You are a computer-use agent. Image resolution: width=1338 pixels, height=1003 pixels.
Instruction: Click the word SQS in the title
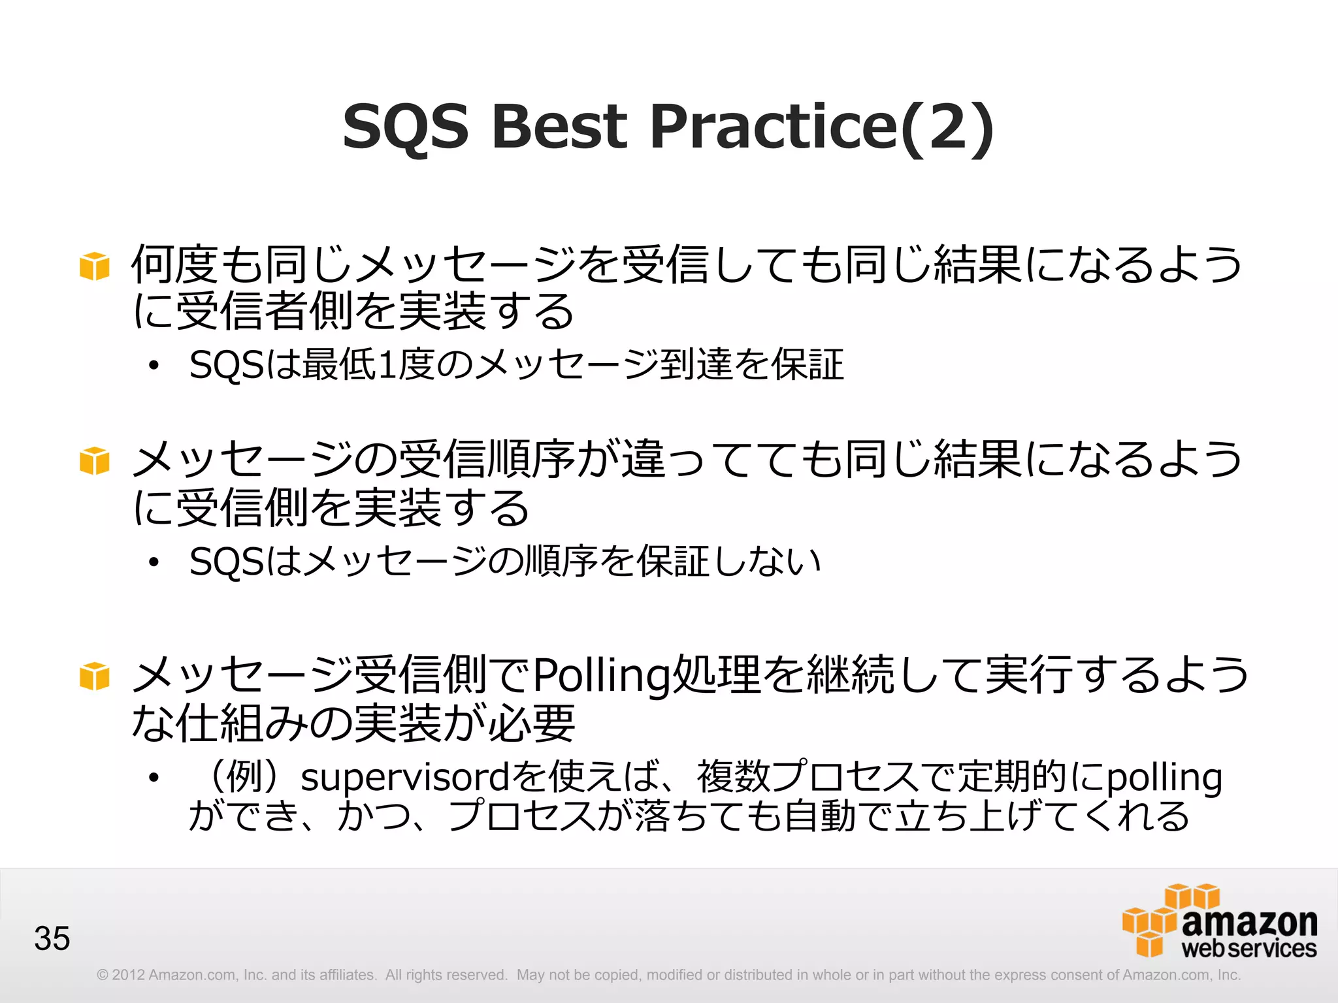coord(406,127)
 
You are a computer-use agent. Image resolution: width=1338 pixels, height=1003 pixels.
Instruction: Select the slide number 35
coord(52,938)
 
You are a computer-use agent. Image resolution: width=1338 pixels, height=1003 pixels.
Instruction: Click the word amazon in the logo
coord(1249,922)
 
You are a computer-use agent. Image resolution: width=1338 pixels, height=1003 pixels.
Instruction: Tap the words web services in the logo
coord(1248,948)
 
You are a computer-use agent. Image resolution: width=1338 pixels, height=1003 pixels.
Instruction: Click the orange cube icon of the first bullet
coord(94,266)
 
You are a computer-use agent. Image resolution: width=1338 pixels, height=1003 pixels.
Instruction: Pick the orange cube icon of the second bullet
coord(94,461)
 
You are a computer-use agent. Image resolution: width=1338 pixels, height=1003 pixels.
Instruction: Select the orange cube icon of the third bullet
coord(94,676)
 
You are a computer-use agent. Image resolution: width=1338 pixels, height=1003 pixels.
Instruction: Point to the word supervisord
coord(404,778)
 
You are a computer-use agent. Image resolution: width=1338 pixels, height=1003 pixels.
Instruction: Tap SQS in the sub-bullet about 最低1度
coord(226,365)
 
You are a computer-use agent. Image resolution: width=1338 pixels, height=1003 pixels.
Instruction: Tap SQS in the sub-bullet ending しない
coord(226,562)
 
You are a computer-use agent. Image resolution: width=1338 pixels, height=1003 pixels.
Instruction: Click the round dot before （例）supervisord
coord(154,778)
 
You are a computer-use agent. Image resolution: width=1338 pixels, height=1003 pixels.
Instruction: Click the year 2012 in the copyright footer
coord(128,975)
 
